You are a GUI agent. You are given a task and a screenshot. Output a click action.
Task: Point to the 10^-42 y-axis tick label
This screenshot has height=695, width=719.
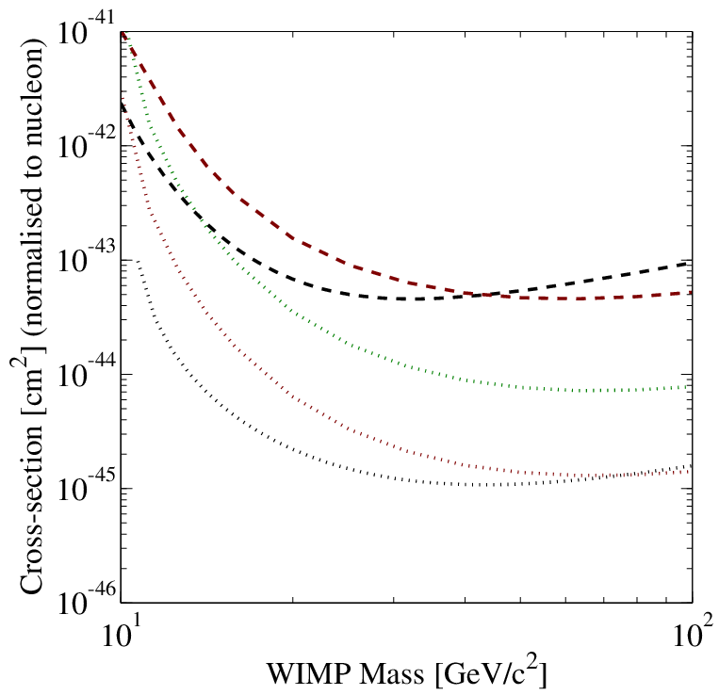[x=86, y=143]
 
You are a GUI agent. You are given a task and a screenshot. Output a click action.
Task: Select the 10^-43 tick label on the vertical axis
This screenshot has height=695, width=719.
[x=86, y=257]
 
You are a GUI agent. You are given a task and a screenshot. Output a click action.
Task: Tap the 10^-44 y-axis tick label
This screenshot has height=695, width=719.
[x=86, y=372]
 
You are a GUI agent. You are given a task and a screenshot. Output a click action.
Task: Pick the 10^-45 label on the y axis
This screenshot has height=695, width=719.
[x=86, y=486]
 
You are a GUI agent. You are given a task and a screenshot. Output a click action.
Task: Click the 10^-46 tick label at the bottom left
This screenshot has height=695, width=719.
[x=86, y=600]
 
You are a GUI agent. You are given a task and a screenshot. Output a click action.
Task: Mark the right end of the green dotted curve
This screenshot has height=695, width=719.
[x=689, y=387]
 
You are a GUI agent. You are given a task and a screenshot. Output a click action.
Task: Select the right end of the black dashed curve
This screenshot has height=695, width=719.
[x=691, y=262]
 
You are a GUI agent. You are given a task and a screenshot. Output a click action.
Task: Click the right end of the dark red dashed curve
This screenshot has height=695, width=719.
[x=691, y=292]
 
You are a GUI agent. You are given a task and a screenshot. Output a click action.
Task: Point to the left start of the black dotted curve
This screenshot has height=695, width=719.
[x=137, y=261]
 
